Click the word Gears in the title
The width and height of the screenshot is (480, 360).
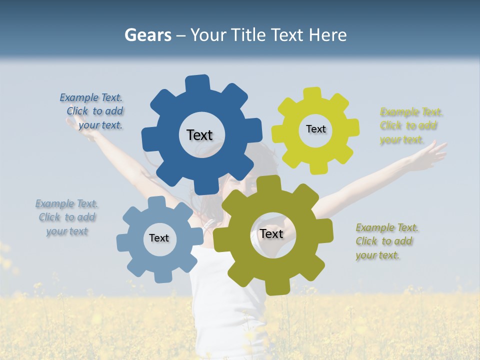pyautogui.click(x=147, y=35)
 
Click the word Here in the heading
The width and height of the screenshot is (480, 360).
pyautogui.click(x=328, y=35)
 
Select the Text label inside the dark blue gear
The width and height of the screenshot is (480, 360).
pyautogui.click(x=199, y=135)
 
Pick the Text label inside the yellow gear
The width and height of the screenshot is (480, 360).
pyautogui.click(x=315, y=129)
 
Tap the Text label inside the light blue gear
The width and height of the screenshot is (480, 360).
pyautogui.click(x=159, y=238)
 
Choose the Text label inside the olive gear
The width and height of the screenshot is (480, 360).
pyautogui.click(x=271, y=233)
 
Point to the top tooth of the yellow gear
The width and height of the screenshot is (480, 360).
pyautogui.click(x=313, y=93)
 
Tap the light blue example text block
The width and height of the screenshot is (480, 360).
pyautogui.click(x=67, y=217)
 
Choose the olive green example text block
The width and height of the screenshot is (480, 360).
pyautogui.click(x=386, y=241)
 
